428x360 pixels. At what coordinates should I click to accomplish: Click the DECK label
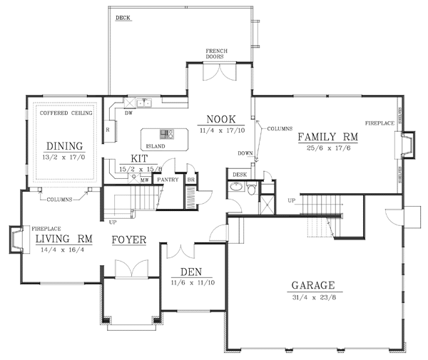coord(123,16)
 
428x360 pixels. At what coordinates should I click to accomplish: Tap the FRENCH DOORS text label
coord(216,56)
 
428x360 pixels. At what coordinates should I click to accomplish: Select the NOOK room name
coord(221,119)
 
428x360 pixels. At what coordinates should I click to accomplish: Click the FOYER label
coord(129,240)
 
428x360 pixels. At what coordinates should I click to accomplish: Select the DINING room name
coord(60,146)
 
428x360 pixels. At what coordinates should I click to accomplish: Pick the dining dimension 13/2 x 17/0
coord(60,158)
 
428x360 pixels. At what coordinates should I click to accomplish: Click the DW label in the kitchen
coord(128,113)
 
